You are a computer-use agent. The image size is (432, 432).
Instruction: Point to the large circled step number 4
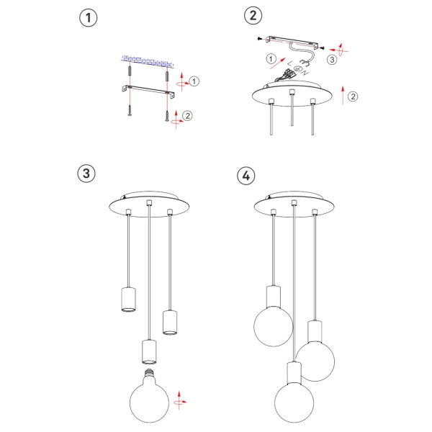pyautogui.click(x=246, y=175)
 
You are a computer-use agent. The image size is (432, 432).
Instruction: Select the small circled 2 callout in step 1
pyautogui.click(x=187, y=115)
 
